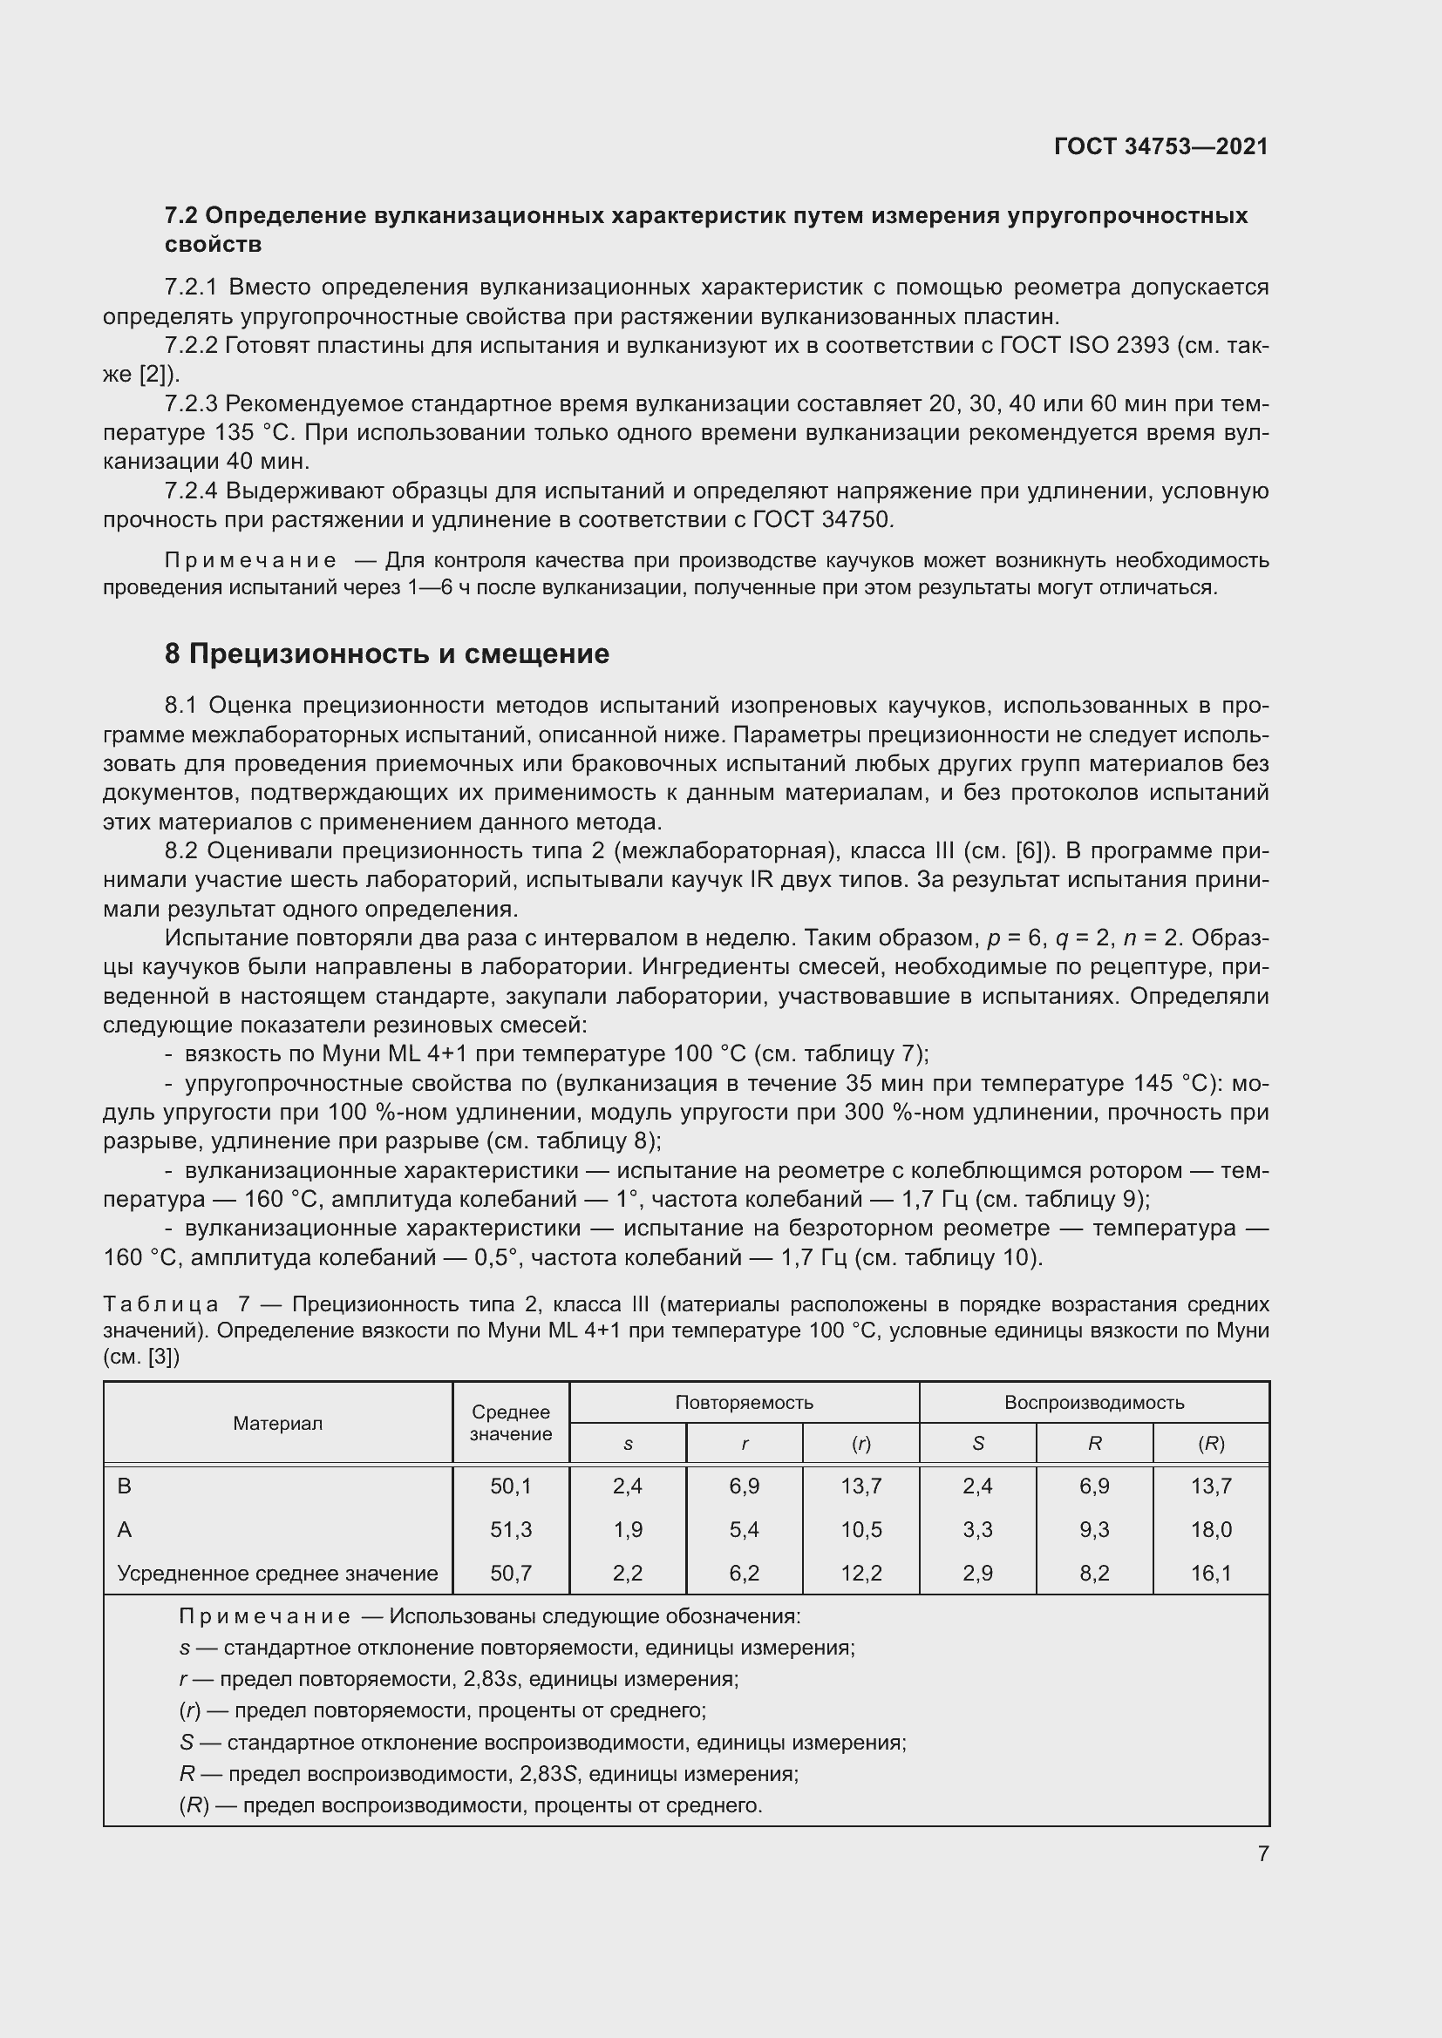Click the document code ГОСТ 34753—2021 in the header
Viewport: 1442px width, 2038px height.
(1160, 146)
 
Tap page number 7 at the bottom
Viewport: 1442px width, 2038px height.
(1262, 1853)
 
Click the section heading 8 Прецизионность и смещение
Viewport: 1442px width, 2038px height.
(387, 653)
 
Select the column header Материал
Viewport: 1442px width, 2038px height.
(277, 1423)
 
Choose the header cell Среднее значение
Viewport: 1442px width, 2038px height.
(511, 1423)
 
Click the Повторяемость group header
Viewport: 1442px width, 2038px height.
(743, 1403)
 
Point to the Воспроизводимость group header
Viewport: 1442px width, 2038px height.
(1094, 1403)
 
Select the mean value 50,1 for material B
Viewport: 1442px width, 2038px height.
(511, 1486)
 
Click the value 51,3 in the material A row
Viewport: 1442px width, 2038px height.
(511, 1529)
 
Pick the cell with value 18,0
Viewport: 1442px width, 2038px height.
(1211, 1529)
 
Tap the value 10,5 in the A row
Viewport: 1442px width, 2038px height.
(860, 1529)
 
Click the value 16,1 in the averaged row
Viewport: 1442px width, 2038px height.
(1211, 1574)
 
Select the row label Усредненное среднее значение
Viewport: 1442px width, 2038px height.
(277, 1574)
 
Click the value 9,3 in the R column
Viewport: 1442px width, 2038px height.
(1094, 1529)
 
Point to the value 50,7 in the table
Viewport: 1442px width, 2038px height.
(511, 1574)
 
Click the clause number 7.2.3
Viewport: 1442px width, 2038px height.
(191, 404)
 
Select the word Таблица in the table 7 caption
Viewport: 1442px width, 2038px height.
(160, 1304)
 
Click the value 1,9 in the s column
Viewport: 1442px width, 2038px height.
(627, 1529)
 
